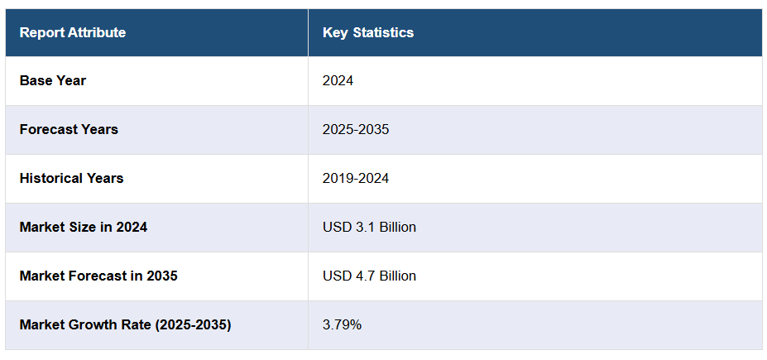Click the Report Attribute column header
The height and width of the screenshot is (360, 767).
[73, 33]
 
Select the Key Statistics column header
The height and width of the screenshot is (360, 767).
[367, 33]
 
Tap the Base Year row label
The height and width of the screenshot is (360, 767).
[53, 81]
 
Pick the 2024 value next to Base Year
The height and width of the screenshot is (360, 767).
[338, 81]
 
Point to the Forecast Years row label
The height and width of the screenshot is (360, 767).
[69, 130]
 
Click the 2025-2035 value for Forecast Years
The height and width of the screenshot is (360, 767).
[356, 130]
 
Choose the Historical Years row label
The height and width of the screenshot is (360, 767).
[71, 179]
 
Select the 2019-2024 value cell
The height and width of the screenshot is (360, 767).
[356, 179]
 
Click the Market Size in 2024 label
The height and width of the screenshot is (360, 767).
[84, 228]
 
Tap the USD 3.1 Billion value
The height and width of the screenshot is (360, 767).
[369, 228]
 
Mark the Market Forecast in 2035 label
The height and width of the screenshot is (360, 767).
[98, 276]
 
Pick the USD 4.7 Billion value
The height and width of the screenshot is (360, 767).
[369, 276]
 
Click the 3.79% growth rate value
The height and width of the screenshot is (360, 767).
[342, 325]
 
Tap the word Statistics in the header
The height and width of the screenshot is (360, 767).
[383, 33]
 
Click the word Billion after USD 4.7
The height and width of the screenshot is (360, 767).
[395, 276]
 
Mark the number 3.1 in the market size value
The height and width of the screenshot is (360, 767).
[361, 228]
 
